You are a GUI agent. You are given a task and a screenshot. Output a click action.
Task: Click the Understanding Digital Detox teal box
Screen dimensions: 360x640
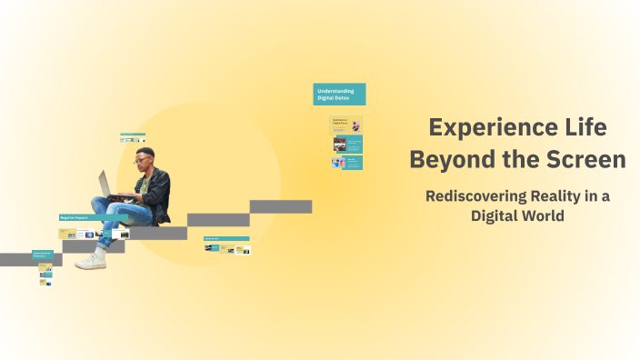339,94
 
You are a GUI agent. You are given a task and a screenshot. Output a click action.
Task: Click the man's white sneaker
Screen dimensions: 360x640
91,261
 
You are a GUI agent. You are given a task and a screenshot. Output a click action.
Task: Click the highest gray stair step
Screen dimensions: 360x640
281,206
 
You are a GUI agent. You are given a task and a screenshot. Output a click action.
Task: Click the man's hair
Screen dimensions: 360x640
145,152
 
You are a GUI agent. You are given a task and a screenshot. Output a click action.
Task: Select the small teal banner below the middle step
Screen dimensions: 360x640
226,238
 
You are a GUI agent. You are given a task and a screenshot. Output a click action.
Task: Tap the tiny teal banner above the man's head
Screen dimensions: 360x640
133,135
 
